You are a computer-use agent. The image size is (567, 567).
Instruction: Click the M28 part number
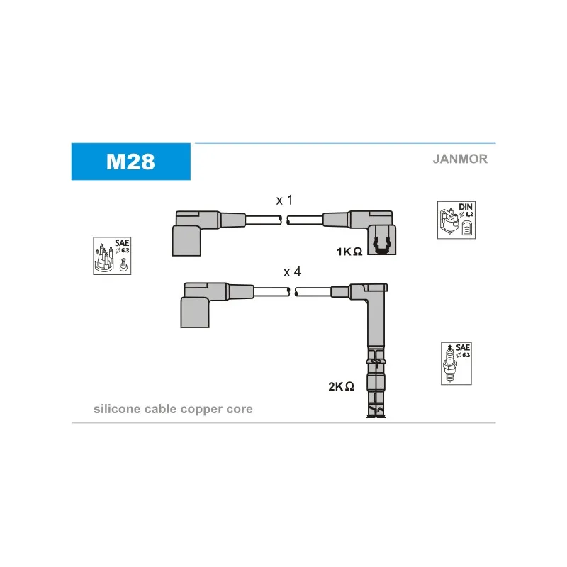click(x=130, y=162)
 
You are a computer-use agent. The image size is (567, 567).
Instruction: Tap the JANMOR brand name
click(x=460, y=159)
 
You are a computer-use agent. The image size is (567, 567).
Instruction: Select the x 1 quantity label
click(x=284, y=200)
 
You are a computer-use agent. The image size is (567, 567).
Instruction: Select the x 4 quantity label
click(x=292, y=271)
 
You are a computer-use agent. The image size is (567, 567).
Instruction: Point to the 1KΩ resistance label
click(x=349, y=252)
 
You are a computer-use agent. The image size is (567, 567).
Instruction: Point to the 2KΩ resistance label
click(x=341, y=386)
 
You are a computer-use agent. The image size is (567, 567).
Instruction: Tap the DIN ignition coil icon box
click(x=456, y=220)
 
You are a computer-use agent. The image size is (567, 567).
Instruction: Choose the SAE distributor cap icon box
click(x=112, y=256)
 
